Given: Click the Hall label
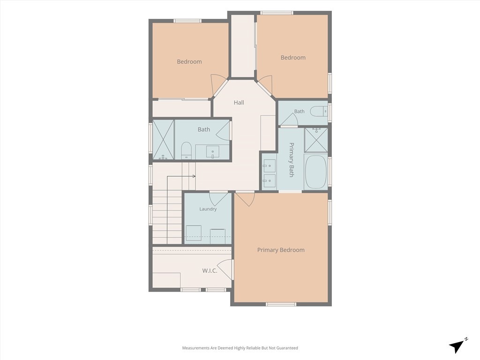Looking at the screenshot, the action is click(x=239, y=103).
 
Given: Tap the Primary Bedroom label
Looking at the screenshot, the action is click(x=281, y=250).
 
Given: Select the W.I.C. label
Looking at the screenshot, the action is click(x=210, y=270).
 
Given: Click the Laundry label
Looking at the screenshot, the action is click(x=208, y=209).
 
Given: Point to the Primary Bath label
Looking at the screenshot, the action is click(x=292, y=159).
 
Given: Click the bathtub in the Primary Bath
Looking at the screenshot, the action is click(x=315, y=172).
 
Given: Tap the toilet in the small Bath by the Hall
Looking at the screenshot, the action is click(x=319, y=111).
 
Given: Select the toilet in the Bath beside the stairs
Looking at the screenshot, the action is click(x=186, y=150).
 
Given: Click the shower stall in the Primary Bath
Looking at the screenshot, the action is click(x=316, y=140).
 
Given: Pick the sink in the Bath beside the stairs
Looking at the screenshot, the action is click(x=212, y=152).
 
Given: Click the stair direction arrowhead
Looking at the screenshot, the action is click(x=194, y=176).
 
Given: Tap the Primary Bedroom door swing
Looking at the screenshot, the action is click(x=245, y=198).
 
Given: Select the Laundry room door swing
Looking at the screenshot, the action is click(x=218, y=198).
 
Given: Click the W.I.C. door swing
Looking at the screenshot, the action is click(x=225, y=270).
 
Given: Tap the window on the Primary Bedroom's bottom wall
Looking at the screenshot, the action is click(x=281, y=304).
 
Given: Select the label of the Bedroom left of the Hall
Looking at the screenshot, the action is click(x=189, y=61).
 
